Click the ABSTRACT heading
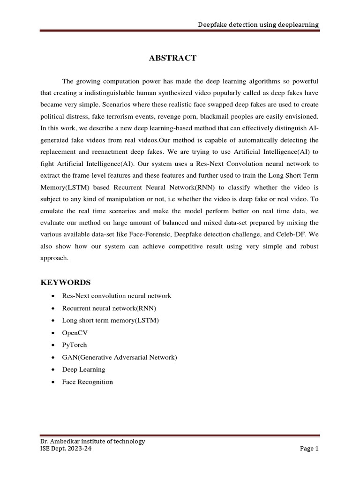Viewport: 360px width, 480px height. click(x=172, y=58)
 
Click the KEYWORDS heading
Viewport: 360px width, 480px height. click(x=66, y=282)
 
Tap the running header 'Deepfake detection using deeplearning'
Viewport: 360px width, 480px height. click(x=258, y=24)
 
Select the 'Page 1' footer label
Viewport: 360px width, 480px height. click(x=309, y=449)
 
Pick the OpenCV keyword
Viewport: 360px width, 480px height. click(x=75, y=333)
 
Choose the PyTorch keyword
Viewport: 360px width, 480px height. click(x=75, y=345)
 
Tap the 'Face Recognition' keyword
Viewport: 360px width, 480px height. click(x=87, y=382)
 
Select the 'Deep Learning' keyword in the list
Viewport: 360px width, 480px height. click(x=83, y=369)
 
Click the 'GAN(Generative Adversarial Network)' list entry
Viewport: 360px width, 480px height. click(x=120, y=357)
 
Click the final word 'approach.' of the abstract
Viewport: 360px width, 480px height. click(x=55, y=258)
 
